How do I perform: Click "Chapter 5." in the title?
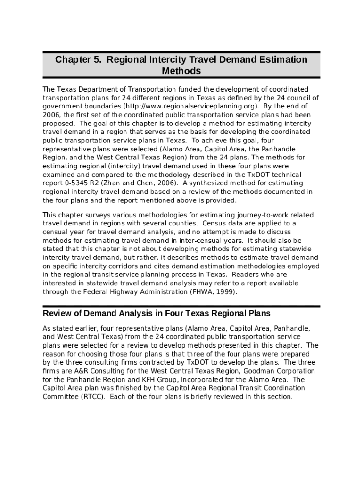coord(78,60)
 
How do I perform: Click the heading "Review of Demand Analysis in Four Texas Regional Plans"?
coord(157,314)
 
